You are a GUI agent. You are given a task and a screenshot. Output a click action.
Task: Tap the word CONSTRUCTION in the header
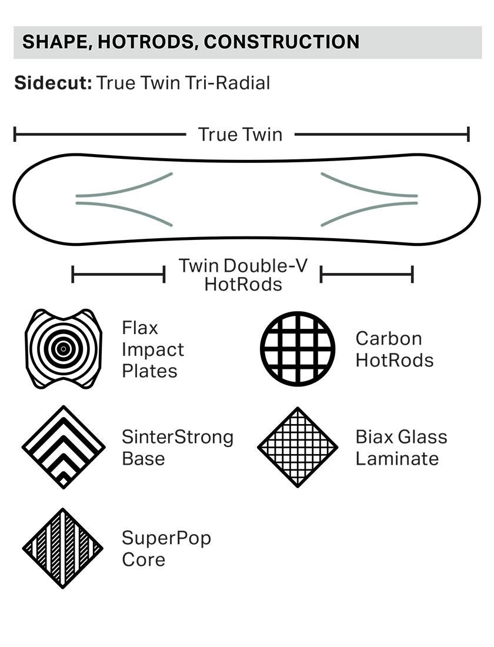(282, 42)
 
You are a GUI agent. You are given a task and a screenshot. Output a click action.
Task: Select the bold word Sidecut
(53, 83)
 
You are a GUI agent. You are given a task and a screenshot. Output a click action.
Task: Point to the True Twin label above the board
(240, 135)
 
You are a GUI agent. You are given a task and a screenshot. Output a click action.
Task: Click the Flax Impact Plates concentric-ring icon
(64, 349)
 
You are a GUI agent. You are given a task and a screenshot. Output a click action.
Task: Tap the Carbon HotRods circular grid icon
(298, 349)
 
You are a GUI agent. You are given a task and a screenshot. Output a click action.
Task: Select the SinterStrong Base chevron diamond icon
(64, 447)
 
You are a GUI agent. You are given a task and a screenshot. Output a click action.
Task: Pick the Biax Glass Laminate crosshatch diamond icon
(298, 447)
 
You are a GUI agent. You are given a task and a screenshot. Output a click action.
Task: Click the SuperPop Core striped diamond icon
(63, 548)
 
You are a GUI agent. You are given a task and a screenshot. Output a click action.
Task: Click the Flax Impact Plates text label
(153, 349)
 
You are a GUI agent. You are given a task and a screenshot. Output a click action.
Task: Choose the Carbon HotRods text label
(394, 349)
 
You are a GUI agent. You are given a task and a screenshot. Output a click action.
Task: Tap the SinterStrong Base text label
(178, 448)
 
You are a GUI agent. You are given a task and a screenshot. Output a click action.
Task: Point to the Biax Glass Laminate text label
(401, 448)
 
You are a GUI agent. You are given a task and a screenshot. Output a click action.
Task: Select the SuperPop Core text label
(166, 549)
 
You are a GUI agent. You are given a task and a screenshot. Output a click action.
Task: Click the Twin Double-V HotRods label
(243, 275)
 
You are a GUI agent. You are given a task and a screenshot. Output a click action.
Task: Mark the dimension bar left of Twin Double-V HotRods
(118, 274)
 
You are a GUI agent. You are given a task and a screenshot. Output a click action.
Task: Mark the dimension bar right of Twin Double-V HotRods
(366, 274)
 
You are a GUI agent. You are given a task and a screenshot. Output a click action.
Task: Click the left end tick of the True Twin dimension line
(15, 135)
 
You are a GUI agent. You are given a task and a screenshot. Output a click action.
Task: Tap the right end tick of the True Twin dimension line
(468, 135)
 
